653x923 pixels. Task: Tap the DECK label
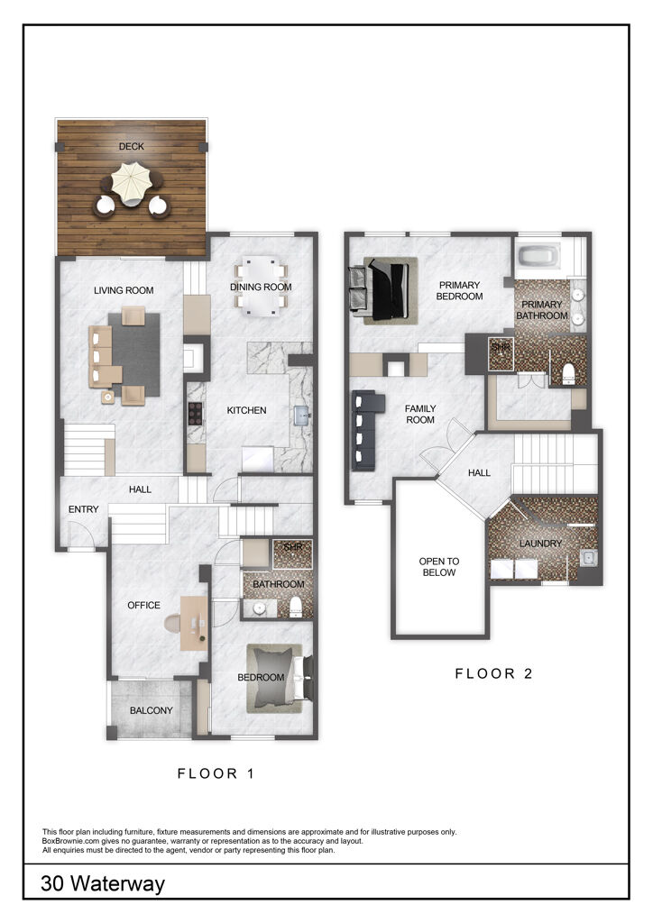[x=132, y=147]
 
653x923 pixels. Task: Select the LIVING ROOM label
[x=124, y=290]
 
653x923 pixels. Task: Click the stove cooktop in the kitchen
[x=194, y=416]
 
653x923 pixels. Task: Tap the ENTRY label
[x=83, y=510]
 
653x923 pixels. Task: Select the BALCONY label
[x=151, y=710]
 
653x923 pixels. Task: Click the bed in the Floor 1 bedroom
[x=276, y=676]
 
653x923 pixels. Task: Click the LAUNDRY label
[x=540, y=544]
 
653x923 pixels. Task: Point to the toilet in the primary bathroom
[x=568, y=373]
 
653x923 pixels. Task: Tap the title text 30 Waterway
[x=103, y=884]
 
